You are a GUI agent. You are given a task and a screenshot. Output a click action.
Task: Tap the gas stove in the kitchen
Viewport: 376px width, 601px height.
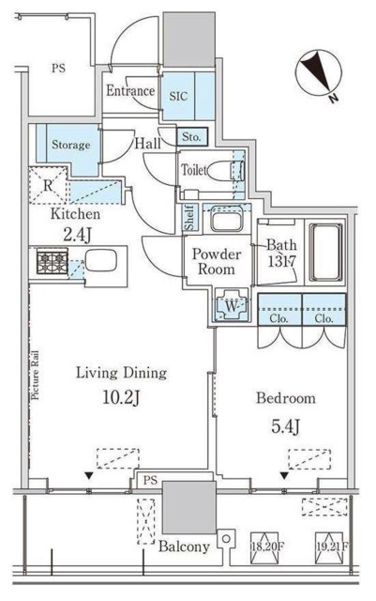pos(53,261)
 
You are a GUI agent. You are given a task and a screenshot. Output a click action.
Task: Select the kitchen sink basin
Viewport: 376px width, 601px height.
pos(100,261)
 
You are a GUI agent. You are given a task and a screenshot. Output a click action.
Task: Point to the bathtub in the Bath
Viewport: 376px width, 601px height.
pos(325,253)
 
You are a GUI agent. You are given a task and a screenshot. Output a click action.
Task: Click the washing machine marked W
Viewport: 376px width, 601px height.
pos(232,305)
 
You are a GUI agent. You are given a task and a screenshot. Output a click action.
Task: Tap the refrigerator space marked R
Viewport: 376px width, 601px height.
pos(48,186)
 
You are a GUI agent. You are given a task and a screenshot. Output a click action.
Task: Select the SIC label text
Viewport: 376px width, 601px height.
pos(178,96)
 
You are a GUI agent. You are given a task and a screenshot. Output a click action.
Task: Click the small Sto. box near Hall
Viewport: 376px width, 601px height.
pos(192,136)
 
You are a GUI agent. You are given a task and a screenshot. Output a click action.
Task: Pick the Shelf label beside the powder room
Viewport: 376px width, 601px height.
pos(190,218)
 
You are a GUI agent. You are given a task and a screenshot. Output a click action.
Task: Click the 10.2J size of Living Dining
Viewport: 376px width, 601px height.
pos(121,398)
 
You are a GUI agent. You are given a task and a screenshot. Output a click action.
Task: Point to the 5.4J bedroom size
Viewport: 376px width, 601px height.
pos(285,426)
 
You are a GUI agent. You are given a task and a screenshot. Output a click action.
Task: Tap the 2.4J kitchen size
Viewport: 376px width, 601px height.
pos(77,235)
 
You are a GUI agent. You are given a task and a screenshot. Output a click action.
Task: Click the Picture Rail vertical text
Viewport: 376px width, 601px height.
pos(36,376)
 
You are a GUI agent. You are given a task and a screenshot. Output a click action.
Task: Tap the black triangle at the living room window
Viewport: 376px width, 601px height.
pos(89,476)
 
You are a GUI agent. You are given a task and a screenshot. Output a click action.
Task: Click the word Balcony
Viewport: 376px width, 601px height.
pos(184,547)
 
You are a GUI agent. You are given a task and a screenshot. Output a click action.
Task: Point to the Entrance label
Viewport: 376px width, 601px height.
pos(130,91)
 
